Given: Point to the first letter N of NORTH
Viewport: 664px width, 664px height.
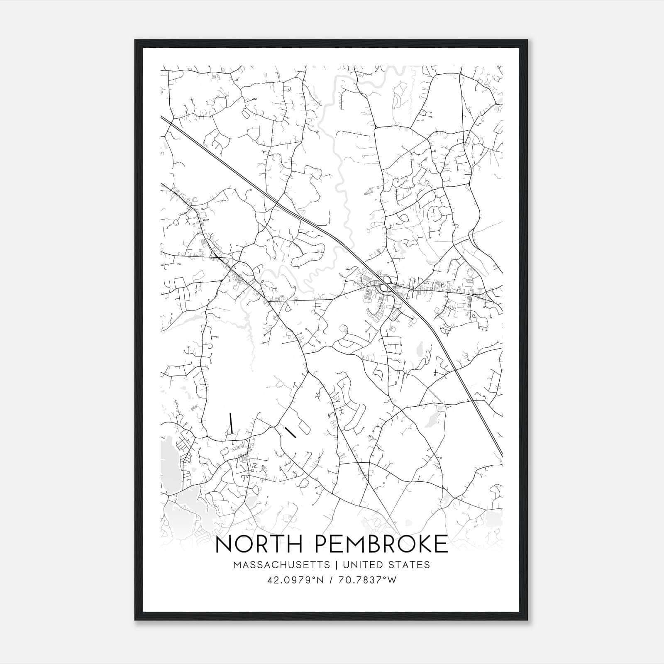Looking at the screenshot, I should [224, 544].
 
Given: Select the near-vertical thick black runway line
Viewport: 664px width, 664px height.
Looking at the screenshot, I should [231, 423].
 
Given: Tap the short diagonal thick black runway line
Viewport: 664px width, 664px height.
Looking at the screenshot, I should [290, 432].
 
